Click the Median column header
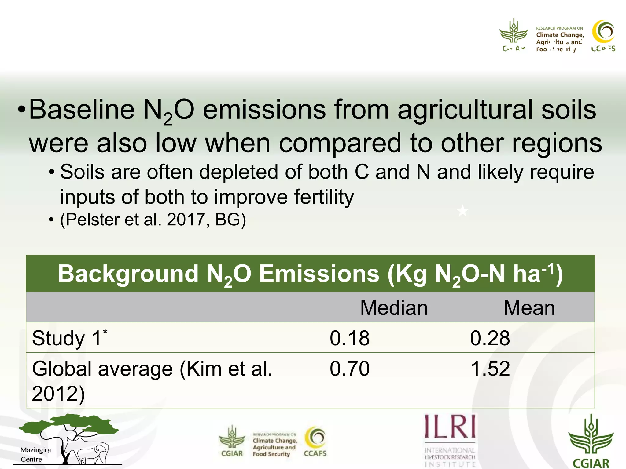[394, 307]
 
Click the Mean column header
[529, 307]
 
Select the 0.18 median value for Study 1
[350, 338]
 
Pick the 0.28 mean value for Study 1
[490, 338]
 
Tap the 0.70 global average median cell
[350, 368]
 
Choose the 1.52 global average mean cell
[490, 368]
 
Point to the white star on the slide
[462, 211]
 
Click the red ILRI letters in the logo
[450, 426]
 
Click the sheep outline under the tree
[92, 452]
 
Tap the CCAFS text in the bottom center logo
[315, 453]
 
